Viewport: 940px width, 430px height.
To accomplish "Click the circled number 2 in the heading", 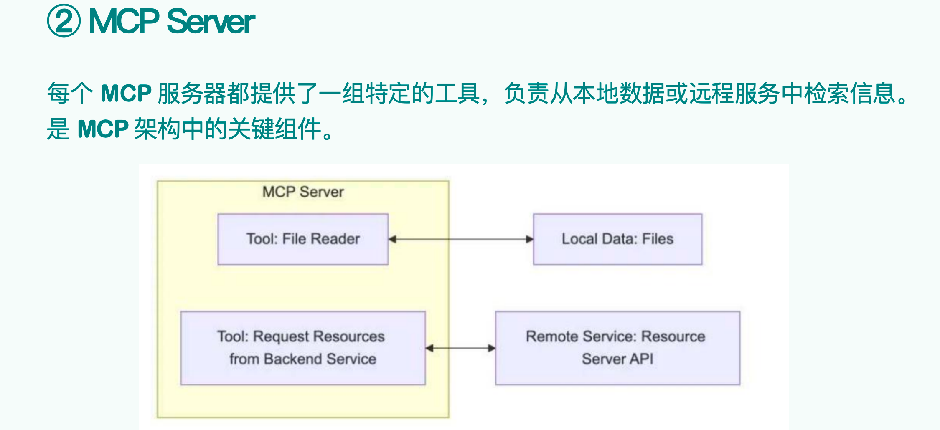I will pos(64,21).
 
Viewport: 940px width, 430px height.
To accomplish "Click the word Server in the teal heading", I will pos(211,21).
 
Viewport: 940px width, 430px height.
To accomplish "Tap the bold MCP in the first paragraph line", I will pos(126,93).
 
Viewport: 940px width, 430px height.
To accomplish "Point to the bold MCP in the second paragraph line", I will pos(103,129).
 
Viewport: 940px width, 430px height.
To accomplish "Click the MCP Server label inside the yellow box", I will pos(303,192).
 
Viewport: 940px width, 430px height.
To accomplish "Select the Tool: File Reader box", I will pos(303,239).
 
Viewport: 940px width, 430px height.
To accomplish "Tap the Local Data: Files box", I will pos(617,239).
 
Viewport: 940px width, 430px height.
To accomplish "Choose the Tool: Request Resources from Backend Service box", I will pos(303,348).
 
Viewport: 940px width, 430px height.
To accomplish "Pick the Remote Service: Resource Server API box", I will pos(617,348).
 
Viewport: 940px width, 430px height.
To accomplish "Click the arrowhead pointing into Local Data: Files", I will pos(529,239).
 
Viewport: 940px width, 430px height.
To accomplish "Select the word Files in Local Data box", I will pos(658,239).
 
